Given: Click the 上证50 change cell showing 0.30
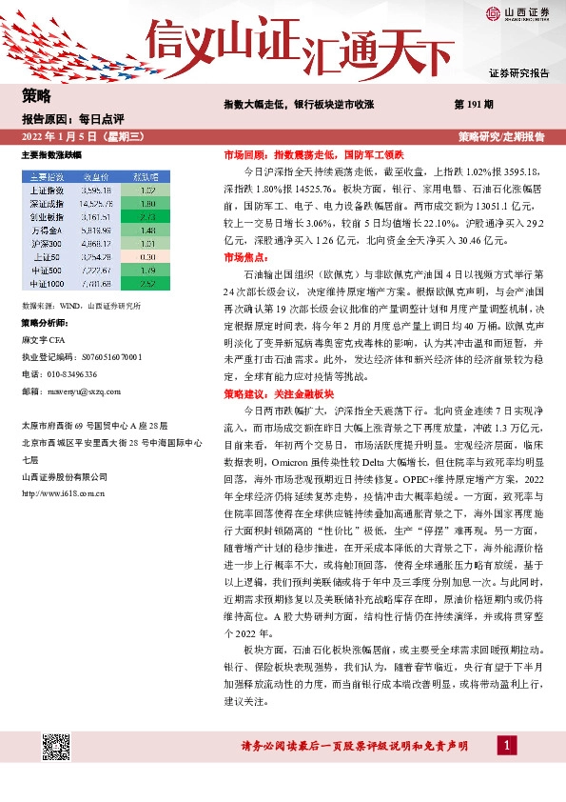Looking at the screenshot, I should click(x=146, y=256).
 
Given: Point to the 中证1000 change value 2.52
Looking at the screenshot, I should click(x=146, y=283).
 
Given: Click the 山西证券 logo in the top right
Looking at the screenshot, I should click(x=517, y=13).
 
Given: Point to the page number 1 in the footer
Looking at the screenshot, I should click(x=509, y=745).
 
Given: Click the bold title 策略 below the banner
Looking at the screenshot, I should click(x=36, y=96).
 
